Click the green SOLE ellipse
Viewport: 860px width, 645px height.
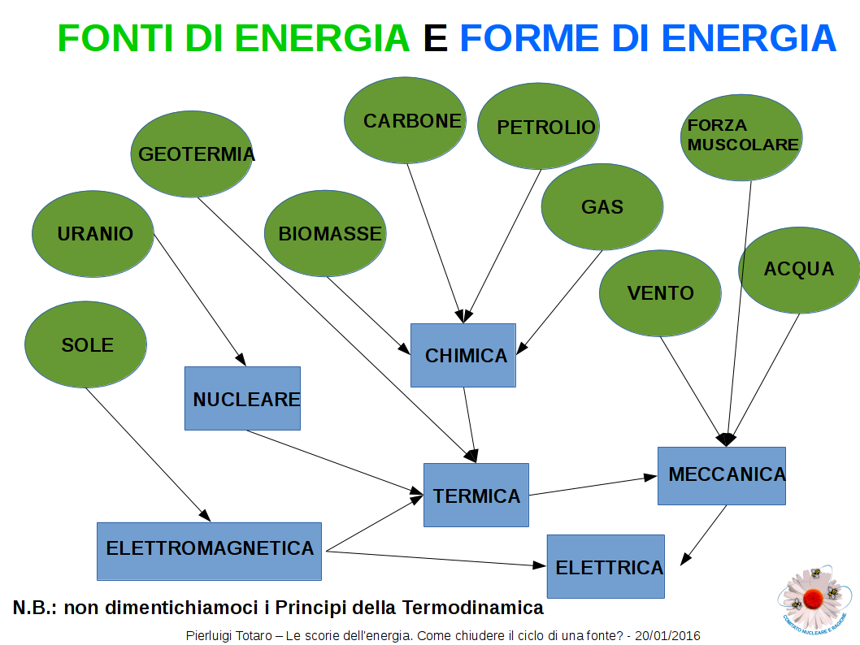tap(86, 344)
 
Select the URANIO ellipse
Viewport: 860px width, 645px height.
tap(93, 234)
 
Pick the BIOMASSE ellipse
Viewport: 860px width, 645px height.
tap(325, 234)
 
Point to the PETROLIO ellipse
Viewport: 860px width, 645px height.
tap(537, 127)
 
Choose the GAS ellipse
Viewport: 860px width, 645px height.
tap(602, 206)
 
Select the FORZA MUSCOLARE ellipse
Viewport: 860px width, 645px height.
tap(741, 136)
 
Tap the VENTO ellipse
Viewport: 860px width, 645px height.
tap(660, 293)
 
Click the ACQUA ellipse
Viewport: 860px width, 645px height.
tap(798, 269)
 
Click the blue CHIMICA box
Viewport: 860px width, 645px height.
tap(463, 355)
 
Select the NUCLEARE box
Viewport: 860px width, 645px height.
tap(242, 399)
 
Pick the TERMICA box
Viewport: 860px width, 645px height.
tap(476, 496)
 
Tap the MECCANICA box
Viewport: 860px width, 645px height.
tap(722, 475)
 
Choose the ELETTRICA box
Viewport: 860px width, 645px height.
tap(606, 567)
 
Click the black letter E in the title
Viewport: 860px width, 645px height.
tap(435, 38)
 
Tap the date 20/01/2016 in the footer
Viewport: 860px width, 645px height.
tap(668, 635)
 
